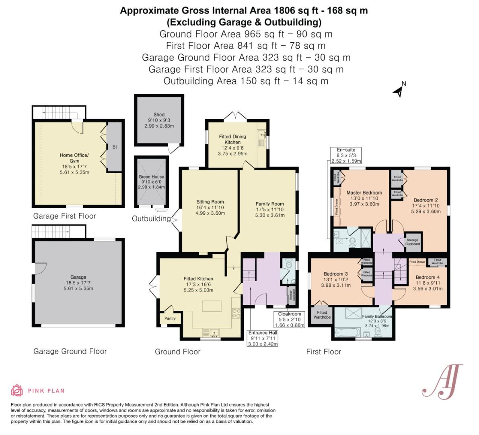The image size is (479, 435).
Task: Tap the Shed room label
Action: (159, 115)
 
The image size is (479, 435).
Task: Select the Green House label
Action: (151, 177)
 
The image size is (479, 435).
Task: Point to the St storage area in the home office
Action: (114, 147)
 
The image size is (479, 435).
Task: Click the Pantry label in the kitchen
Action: (170, 318)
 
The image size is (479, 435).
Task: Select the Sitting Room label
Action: (210, 202)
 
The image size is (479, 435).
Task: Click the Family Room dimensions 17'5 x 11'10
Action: (269, 209)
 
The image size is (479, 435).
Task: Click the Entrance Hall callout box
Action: (263, 338)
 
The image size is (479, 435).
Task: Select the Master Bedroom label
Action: (364, 193)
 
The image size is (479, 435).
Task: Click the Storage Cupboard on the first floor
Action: (413, 242)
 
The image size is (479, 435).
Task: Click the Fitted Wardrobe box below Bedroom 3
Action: (322, 315)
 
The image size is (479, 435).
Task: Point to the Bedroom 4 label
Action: (428, 277)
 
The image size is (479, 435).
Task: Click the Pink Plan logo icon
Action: (17, 390)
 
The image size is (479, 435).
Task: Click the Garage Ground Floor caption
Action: (70, 351)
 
